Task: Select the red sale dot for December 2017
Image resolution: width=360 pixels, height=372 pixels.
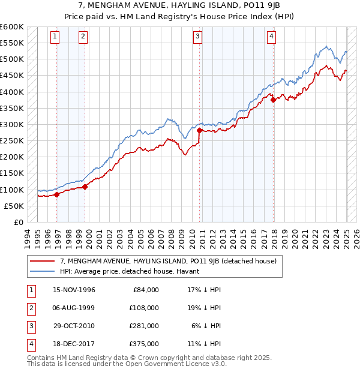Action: point(273,100)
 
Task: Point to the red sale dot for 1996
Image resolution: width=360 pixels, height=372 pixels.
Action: point(57,194)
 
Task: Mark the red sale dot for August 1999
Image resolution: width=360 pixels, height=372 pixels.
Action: point(85,187)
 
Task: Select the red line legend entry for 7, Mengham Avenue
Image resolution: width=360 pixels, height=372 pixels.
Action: point(168,261)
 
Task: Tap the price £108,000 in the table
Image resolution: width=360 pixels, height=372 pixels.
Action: point(145,308)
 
